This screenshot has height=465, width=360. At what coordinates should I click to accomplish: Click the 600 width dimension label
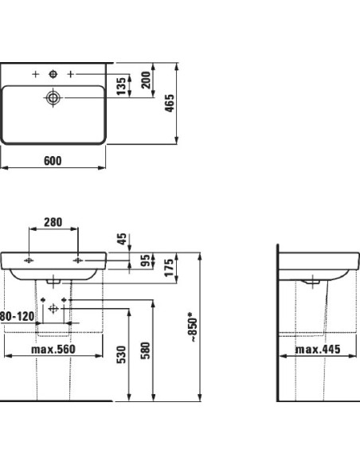tap(52, 160)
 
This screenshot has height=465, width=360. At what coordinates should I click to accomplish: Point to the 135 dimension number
tap(122, 86)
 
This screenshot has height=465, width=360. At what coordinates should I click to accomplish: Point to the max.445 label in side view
tap(317, 348)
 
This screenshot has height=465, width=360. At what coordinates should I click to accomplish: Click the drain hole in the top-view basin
tap(53, 98)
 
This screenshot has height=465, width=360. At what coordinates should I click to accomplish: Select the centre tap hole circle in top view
tap(53, 74)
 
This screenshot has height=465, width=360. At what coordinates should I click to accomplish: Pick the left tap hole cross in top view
tap(35, 74)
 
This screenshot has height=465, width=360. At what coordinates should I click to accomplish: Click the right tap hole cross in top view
tap(71, 74)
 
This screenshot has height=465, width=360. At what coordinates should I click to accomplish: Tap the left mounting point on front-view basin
tap(29, 260)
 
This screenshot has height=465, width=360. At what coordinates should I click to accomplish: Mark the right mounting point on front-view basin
tap(78, 260)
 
